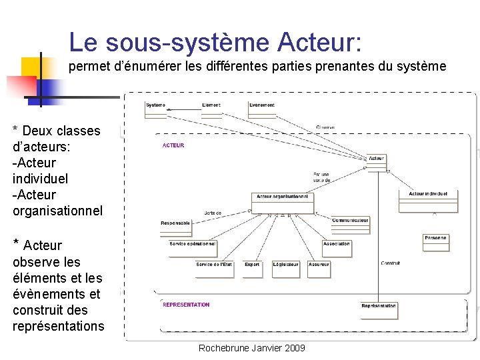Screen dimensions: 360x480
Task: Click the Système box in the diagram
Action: pyautogui.click(x=155, y=109)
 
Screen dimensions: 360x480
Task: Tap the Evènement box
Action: pyautogui.click(x=262, y=109)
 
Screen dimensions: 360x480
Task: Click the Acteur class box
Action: pyautogui.click(x=376, y=161)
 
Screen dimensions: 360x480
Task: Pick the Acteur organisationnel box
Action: pyautogui.click(x=283, y=200)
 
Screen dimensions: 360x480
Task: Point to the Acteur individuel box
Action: pyautogui.click(x=433, y=197)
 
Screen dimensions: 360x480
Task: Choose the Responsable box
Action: pyautogui.click(x=175, y=226)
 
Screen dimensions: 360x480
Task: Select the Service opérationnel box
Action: pyautogui.click(x=193, y=247)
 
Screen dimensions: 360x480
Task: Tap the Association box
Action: pyautogui.click(x=337, y=247)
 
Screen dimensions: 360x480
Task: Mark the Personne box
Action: pyautogui.click(x=435, y=241)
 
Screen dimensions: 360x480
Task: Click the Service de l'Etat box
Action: pyautogui.click(x=214, y=268)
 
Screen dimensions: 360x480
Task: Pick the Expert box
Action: pyautogui.click(x=252, y=268)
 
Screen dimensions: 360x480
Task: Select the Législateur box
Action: pyautogui.click(x=286, y=268)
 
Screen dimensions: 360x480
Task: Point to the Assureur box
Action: pyautogui.click(x=319, y=268)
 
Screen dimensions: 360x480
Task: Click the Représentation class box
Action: pyautogui.click(x=378, y=309)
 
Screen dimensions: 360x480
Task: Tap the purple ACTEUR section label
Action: pyautogui.click(x=173, y=145)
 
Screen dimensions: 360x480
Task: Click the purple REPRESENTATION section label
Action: pyautogui.click(x=186, y=305)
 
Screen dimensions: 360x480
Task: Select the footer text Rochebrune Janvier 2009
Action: pyautogui.click(x=253, y=348)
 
